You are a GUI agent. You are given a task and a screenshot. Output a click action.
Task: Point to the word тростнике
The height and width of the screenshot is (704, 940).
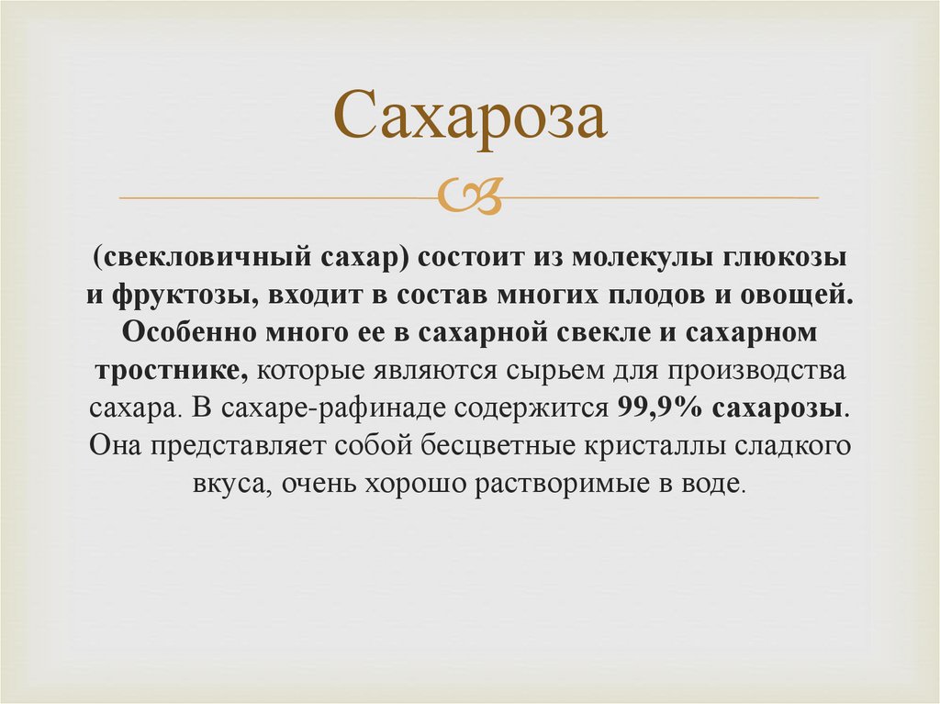(168, 371)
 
